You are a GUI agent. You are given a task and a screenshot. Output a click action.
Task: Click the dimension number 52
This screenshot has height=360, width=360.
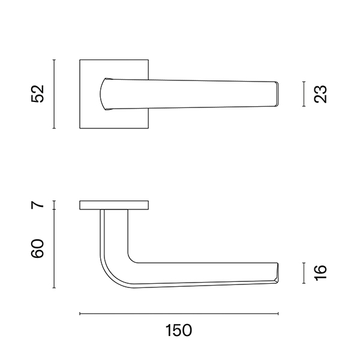(37, 94)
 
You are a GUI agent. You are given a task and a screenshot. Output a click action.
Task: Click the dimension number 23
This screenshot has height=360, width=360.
(320, 94)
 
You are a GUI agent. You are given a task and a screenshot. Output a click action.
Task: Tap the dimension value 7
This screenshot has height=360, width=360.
(37, 205)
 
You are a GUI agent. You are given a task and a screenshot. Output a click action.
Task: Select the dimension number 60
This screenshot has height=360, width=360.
(37, 248)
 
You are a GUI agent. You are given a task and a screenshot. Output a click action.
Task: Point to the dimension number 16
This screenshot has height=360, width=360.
(320, 273)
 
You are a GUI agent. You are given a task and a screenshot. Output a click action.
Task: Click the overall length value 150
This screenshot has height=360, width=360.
(179, 331)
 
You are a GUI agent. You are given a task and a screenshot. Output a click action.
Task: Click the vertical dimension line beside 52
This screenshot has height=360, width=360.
(54, 94)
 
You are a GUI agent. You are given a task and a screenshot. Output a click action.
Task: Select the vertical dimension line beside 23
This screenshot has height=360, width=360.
(304, 94)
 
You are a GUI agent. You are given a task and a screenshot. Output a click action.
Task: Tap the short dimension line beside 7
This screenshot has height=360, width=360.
(54, 205)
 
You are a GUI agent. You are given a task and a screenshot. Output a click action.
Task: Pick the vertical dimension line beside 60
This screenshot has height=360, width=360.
(54, 248)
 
